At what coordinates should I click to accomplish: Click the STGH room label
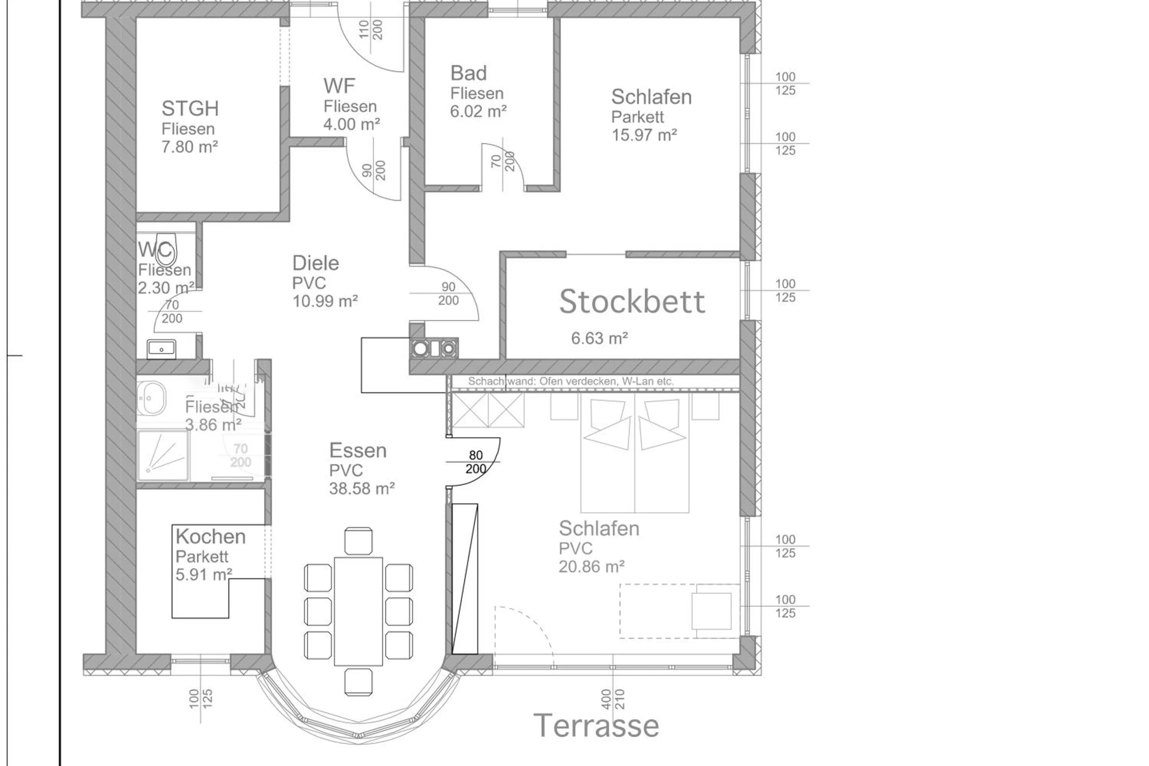[x=190, y=108]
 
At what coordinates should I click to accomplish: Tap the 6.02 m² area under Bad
[x=478, y=111]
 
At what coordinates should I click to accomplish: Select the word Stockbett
[x=632, y=301]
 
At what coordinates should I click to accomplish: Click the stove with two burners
[x=434, y=348]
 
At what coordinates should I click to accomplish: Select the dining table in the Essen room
[x=358, y=611]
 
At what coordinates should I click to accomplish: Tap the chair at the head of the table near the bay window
[x=358, y=682]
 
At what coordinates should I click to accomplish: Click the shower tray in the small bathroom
[x=163, y=455]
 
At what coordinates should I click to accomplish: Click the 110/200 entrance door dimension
[x=370, y=30]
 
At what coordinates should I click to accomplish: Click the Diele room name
[x=315, y=264]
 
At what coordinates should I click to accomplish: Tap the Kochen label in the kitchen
[x=211, y=537]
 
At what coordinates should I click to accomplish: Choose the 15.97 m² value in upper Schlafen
[x=644, y=135]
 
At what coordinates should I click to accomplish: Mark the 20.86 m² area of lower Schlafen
[x=591, y=567]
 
